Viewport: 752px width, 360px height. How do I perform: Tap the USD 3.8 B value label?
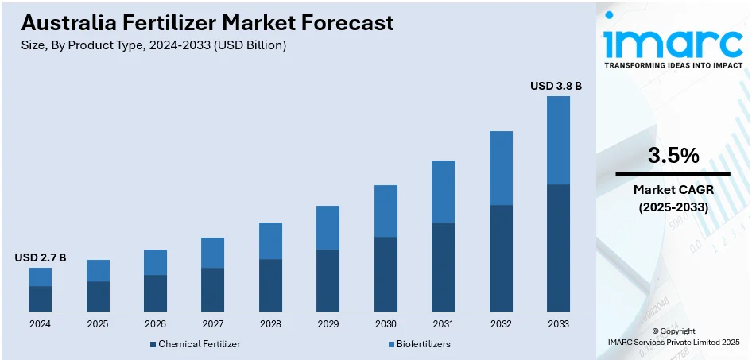[556, 85]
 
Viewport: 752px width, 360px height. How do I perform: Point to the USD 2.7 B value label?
[41, 257]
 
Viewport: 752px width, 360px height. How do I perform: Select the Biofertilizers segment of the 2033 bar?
[558, 140]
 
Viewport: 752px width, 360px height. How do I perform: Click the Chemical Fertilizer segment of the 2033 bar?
[558, 247]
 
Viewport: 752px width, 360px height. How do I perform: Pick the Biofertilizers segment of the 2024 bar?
[41, 277]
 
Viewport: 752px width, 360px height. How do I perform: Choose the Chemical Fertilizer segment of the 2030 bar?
[386, 273]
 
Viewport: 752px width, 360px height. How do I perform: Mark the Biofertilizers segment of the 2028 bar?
[270, 241]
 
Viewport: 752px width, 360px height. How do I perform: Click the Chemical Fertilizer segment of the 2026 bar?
[155, 292]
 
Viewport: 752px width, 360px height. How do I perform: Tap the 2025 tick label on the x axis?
[98, 324]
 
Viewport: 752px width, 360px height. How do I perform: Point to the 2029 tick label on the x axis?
[328, 324]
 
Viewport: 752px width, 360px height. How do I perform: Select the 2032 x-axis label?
[500, 324]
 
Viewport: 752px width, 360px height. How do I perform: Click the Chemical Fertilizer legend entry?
[195, 344]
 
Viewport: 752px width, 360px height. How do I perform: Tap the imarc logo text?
[673, 40]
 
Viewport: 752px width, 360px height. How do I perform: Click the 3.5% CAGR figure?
[673, 157]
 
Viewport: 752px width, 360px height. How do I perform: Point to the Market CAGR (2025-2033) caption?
[673, 198]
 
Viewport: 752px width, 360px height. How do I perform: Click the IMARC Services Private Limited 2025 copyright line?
[673, 342]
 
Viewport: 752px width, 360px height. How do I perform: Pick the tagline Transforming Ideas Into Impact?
[673, 65]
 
